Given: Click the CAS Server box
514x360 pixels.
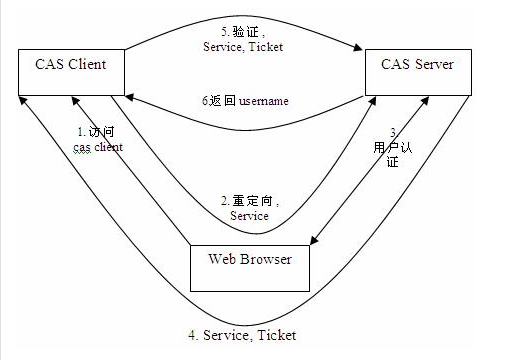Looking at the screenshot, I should [418, 73].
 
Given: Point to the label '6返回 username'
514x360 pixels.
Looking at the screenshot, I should [245, 101].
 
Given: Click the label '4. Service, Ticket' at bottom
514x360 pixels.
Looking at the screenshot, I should [245, 335].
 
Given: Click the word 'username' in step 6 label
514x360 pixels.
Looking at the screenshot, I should [266, 101].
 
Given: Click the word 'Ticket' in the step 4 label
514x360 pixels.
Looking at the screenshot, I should [276, 335].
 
